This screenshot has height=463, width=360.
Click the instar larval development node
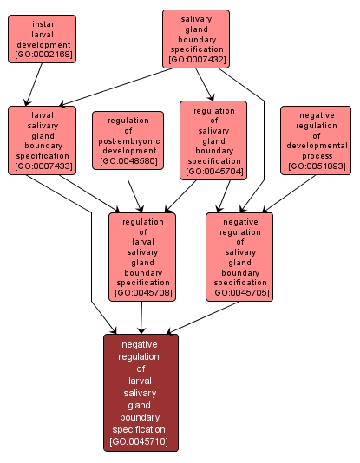pos(42,39)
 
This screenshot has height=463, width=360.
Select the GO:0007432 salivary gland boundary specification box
pos(195,38)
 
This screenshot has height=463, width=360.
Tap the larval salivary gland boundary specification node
pos(42,139)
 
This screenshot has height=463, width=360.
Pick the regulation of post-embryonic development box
pos(128,140)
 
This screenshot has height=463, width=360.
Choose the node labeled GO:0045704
pos(213,140)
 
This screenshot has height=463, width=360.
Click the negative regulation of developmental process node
pos(316,140)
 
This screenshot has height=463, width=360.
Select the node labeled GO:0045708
pos(141,257)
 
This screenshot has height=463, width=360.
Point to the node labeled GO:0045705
pos(239,257)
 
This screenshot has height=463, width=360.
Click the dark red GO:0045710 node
pos(141,392)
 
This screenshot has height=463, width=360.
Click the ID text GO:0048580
pos(128,161)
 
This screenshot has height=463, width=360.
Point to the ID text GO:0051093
pos(316,166)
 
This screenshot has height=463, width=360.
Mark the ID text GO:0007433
pos(42,166)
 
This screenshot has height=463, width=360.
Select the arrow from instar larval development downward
pos(33,85)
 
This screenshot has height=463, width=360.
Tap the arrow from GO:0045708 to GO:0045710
pos(141,317)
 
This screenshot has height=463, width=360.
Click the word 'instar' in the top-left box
pos(42,23)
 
